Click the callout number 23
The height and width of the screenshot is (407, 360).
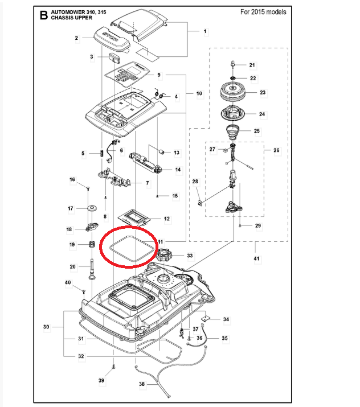click(x=263, y=92)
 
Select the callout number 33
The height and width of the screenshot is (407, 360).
click(x=190, y=256)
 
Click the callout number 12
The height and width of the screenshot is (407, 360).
click(x=166, y=219)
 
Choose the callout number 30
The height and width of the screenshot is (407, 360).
click(x=46, y=327)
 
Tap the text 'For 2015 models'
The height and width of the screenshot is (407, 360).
click(x=263, y=12)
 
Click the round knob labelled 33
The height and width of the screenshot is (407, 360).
click(x=166, y=256)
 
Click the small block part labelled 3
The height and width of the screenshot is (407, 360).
click(x=112, y=57)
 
